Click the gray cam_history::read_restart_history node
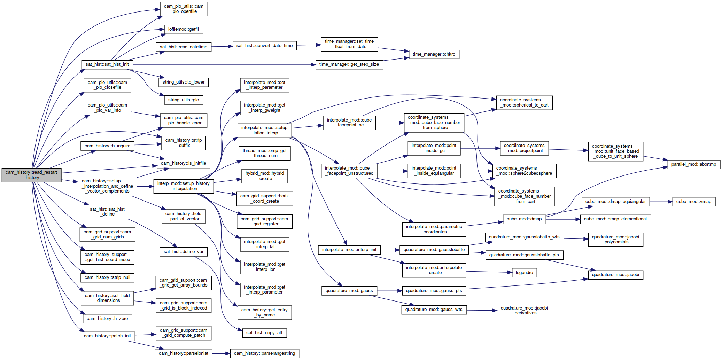coord(32,175)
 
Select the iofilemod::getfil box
coord(184,29)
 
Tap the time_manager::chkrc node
coord(434,54)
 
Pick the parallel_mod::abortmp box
coord(694,164)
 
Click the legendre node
coord(525,273)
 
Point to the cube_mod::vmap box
coord(694,202)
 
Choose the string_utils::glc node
coord(184,100)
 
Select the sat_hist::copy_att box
coord(264,333)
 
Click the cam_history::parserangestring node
coord(265,353)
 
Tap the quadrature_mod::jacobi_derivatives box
coord(525,311)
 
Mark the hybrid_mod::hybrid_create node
coord(265,176)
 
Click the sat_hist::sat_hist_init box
coord(107,64)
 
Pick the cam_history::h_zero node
coord(107,319)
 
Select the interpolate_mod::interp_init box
coord(349,250)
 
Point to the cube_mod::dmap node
coord(524,219)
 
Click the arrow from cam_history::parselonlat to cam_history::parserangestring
coord(221,353)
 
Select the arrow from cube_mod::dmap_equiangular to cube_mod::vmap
coord(661,202)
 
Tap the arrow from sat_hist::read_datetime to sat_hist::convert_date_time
coord(222,46)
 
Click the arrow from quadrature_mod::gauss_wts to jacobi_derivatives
coord(482,310)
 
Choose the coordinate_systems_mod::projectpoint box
coord(525,148)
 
